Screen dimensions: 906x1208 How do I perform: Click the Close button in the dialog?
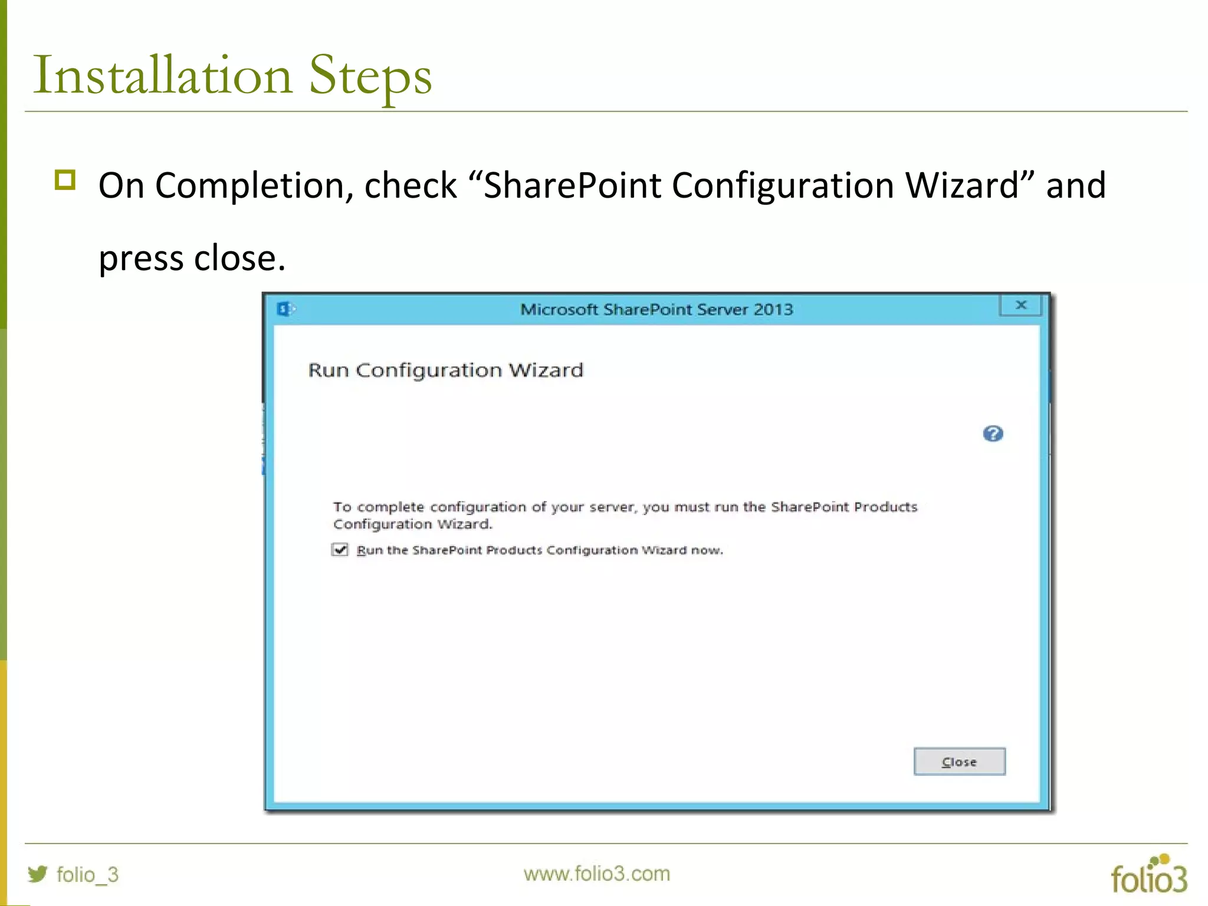pyautogui.click(x=959, y=761)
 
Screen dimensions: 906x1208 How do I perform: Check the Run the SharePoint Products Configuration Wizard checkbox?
pyautogui.click(x=340, y=550)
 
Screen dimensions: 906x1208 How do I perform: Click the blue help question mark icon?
pyautogui.click(x=993, y=434)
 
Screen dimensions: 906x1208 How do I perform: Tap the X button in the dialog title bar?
pyautogui.click(x=1021, y=305)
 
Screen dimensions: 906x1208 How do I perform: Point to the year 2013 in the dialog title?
pyautogui.click(x=773, y=309)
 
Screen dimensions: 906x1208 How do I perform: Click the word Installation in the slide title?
pyautogui.click(x=163, y=75)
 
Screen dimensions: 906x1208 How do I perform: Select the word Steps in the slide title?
pyautogui.click(x=370, y=75)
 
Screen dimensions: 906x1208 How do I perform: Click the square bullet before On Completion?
pyautogui.click(x=65, y=180)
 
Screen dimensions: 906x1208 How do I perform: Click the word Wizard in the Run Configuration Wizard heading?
pyautogui.click(x=546, y=370)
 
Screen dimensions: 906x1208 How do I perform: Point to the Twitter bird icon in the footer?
pyautogui.click(x=38, y=874)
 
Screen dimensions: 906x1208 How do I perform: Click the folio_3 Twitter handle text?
pyautogui.click(x=87, y=874)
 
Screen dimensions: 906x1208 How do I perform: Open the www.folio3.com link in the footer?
pyautogui.click(x=596, y=874)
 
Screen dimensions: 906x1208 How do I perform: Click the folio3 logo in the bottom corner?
pyautogui.click(x=1148, y=875)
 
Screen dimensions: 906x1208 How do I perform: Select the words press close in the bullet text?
pyautogui.click(x=192, y=258)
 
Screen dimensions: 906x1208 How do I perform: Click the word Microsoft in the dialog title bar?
pyautogui.click(x=559, y=309)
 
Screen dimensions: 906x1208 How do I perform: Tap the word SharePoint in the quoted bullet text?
pyautogui.click(x=572, y=185)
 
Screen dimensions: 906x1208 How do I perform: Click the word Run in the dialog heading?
pyautogui.click(x=328, y=370)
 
